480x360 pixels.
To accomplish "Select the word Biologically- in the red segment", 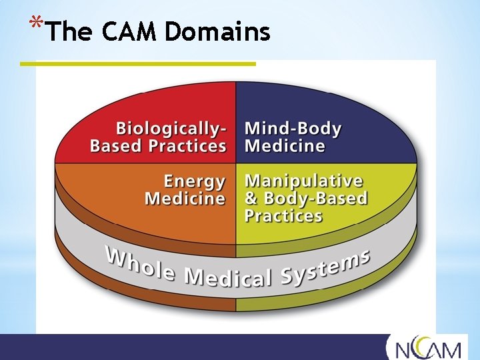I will point(171,128).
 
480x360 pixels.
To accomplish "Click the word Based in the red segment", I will point(113,146).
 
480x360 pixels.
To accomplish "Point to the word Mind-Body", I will point(293,129).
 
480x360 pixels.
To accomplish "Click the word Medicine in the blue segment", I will point(285,146).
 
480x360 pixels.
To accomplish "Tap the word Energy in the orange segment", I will point(195,181).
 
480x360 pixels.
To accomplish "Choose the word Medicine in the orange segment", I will point(185,199).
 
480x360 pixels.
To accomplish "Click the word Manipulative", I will point(303,181).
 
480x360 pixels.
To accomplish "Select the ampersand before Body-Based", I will point(251,199).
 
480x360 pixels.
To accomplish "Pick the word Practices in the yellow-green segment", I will point(283,216).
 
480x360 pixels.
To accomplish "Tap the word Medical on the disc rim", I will point(227,275).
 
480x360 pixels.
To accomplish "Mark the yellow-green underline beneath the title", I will point(137,64).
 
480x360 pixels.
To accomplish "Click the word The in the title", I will point(69,31).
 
